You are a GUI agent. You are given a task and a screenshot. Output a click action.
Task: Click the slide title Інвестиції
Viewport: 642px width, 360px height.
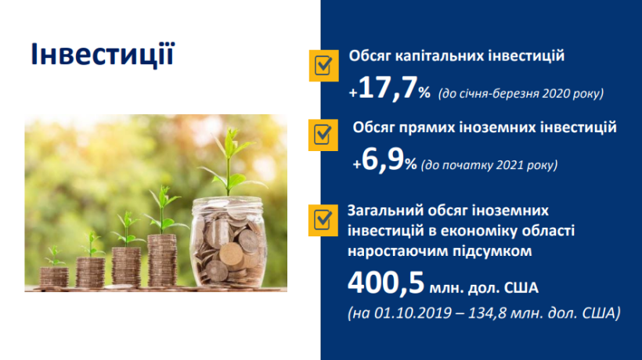click(103, 54)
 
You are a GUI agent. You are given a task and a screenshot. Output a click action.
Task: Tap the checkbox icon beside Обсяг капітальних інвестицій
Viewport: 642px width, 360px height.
click(324, 66)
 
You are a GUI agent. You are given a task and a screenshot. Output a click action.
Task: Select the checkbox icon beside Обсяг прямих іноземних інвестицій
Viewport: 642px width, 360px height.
click(323, 135)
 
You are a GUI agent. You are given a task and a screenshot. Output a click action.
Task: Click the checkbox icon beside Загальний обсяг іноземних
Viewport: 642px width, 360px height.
click(323, 220)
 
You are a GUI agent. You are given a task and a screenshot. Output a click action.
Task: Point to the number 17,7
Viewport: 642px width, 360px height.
click(388, 87)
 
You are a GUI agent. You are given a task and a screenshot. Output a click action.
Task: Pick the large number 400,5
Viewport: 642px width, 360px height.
click(386, 283)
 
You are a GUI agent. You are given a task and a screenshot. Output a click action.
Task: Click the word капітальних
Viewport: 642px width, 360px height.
click(443, 56)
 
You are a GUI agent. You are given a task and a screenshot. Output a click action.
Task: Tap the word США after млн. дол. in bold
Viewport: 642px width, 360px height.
click(521, 288)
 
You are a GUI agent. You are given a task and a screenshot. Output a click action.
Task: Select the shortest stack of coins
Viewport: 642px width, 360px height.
click(54, 277)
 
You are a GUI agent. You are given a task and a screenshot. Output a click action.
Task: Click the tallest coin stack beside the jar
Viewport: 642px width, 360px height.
click(162, 260)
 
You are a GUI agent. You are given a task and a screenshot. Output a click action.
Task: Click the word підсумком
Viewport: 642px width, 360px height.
click(492, 251)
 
